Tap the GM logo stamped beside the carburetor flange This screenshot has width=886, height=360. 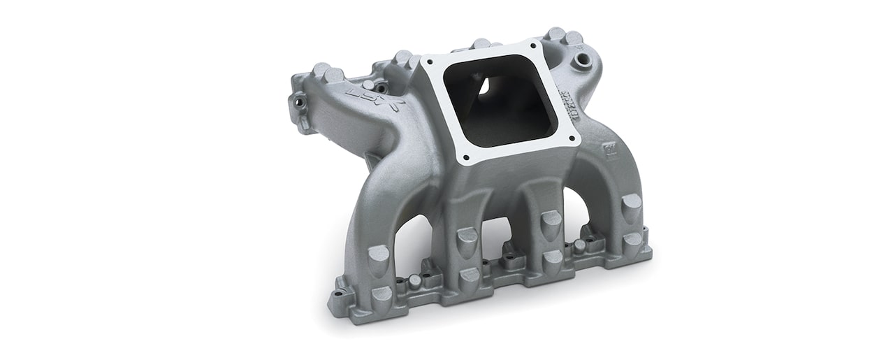tap(611, 150)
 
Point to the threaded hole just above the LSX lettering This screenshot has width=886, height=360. tap(381, 87)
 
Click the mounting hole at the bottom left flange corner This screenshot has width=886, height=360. tap(341, 295)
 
